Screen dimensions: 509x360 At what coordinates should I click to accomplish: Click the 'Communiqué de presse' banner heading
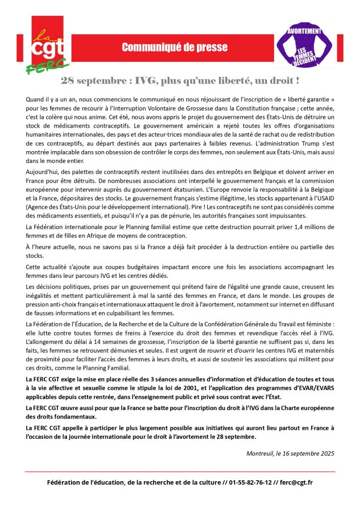(x=175, y=48)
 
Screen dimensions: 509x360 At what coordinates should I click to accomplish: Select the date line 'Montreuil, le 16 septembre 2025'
(x=290, y=453)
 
